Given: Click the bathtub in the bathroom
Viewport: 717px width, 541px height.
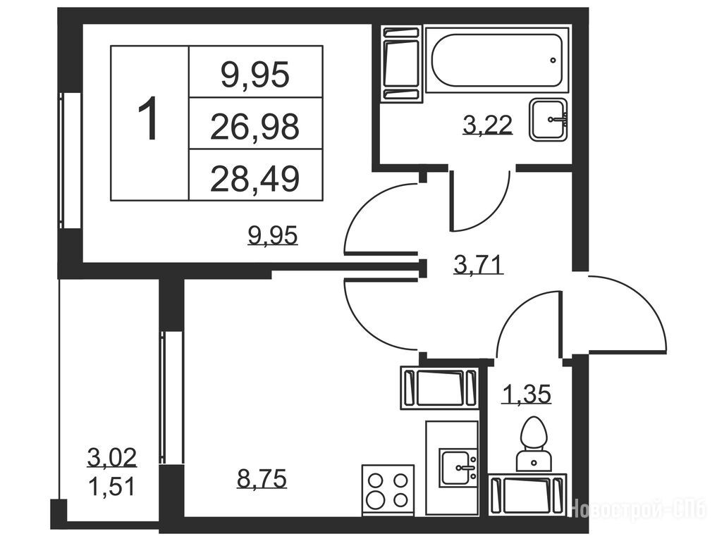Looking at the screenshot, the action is tap(497, 60).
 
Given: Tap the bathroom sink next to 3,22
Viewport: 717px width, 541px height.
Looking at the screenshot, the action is tap(549, 120).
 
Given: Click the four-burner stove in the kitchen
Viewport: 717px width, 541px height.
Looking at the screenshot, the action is tap(388, 491).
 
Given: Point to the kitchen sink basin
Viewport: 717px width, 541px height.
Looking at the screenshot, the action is tap(458, 468).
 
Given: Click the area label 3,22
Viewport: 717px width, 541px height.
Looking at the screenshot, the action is tap(487, 125).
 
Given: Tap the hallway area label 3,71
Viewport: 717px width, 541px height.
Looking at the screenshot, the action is tap(478, 264).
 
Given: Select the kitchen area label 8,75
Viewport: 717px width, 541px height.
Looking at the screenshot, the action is tap(262, 478).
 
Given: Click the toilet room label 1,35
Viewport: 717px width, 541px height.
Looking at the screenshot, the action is tap(527, 394).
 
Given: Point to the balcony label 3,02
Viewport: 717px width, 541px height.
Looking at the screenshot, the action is tap(112, 457).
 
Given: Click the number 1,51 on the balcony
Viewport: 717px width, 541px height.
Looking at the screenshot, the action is tap(112, 486).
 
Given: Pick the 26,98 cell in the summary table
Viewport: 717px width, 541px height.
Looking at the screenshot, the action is tap(256, 123).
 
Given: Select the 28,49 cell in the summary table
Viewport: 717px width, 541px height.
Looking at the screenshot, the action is tap(256, 175).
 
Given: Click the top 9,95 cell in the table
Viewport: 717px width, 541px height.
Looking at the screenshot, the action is tap(256, 72).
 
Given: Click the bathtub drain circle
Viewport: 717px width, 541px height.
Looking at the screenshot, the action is tap(553, 60).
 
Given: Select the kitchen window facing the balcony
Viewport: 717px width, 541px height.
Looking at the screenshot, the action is tap(172, 397).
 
